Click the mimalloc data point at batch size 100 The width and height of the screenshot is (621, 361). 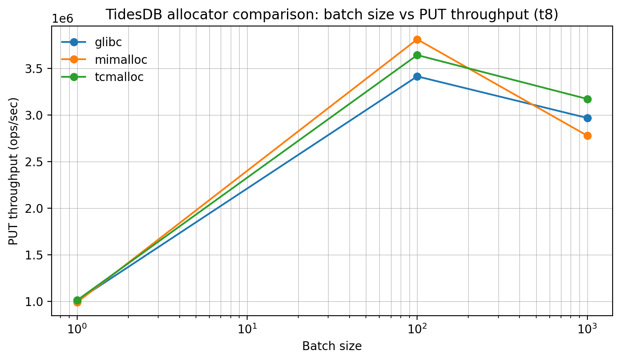click(x=417, y=39)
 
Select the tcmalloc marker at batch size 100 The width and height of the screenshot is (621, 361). click(x=417, y=55)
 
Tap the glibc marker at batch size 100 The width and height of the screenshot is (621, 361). click(x=417, y=76)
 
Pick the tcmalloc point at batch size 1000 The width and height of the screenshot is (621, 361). click(x=587, y=99)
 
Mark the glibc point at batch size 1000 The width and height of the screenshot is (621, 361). click(x=587, y=118)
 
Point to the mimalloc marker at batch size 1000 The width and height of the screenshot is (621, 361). click(x=587, y=136)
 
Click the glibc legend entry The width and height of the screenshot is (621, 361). click(x=108, y=42)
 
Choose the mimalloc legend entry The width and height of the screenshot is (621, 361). click(x=121, y=60)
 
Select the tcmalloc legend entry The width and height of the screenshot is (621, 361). click(x=119, y=77)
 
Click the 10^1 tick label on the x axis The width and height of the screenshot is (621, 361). click(x=247, y=328)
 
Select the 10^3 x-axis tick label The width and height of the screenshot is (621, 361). click(x=587, y=328)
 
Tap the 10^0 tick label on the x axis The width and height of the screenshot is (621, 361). click(x=77, y=328)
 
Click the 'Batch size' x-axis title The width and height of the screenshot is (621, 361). click(x=332, y=346)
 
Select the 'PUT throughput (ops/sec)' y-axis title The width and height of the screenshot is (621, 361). click(x=14, y=171)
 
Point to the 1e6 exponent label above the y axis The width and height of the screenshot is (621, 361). click(x=63, y=19)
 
